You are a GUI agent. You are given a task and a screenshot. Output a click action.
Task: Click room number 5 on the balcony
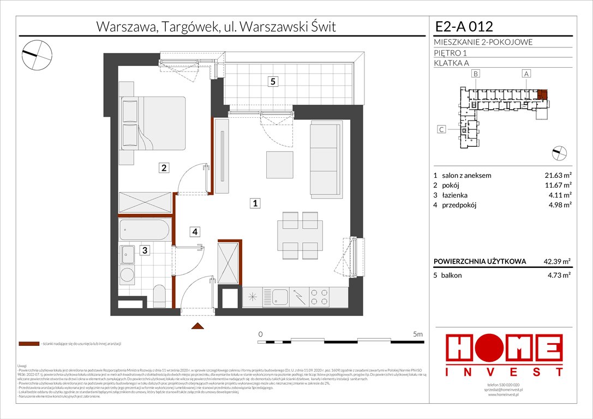[273, 82]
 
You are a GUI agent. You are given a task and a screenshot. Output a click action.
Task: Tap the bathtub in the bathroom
[145, 229]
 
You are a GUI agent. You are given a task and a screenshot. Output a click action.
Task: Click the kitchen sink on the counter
[281, 297]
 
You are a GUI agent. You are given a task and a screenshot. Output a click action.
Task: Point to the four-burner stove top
[318, 297]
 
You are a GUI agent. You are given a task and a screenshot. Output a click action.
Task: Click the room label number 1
[254, 203]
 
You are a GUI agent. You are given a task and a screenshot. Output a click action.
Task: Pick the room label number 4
[194, 232]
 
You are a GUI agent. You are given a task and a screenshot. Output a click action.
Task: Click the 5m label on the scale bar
[418, 333]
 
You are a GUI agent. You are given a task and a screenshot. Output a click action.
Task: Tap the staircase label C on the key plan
[442, 129]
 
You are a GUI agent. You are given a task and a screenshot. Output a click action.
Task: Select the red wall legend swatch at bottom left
[28, 344]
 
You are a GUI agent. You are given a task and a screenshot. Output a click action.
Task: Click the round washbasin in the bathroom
[128, 274]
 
